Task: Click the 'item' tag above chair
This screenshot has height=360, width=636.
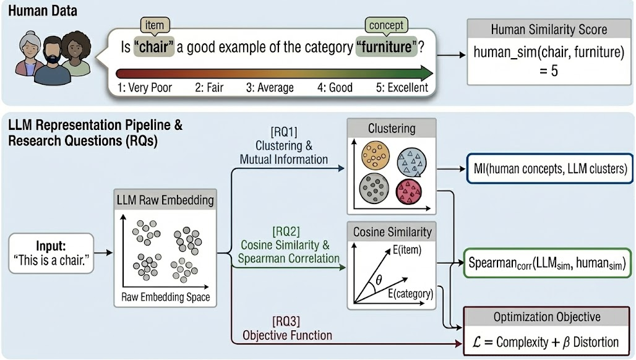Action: (x=154, y=25)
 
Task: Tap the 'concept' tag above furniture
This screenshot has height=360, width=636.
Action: (x=387, y=25)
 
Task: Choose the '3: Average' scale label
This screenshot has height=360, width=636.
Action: (x=270, y=87)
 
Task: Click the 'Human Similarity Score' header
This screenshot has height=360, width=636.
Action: (x=549, y=30)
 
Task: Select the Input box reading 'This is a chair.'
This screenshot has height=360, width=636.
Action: (x=51, y=252)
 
